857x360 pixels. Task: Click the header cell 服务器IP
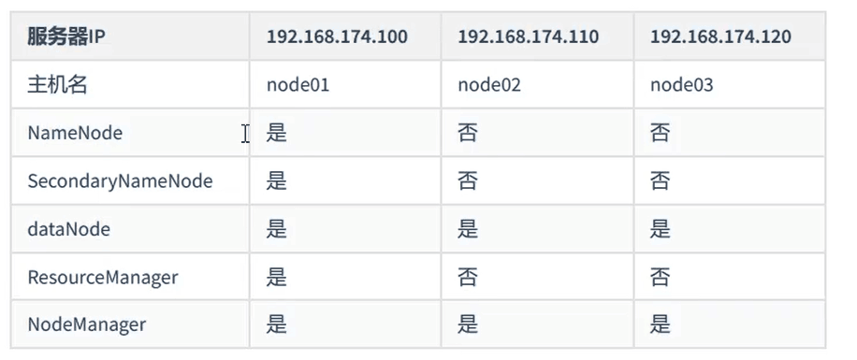click(x=66, y=37)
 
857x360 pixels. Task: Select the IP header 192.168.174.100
click(x=337, y=37)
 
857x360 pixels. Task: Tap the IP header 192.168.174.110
click(x=528, y=37)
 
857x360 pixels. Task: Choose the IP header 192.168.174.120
click(x=720, y=37)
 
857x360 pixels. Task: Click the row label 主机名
click(x=57, y=85)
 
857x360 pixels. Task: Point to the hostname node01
click(x=298, y=85)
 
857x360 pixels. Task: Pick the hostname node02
click(x=489, y=85)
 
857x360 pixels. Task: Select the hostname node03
click(x=681, y=85)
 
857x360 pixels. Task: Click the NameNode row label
click(x=75, y=134)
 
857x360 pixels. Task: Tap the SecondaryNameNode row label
click(x=120, y=181)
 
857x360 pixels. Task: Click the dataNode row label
click(x=68, y=229)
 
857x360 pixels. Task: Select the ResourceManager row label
click(x=103, y=278)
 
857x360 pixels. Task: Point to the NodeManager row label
click(x=86, y=325)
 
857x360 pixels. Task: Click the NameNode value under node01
click(x=277, y=133)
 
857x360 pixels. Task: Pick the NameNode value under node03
click(x=661, y=133)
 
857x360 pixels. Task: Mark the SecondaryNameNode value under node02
click(x=468, y=180)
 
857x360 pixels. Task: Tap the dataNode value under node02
click(x=468, y=229)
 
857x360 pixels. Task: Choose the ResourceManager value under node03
click(x=661, y=277)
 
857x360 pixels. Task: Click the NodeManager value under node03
click(x=661, y=324)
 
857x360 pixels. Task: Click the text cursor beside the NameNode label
click(x=246, y=134)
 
